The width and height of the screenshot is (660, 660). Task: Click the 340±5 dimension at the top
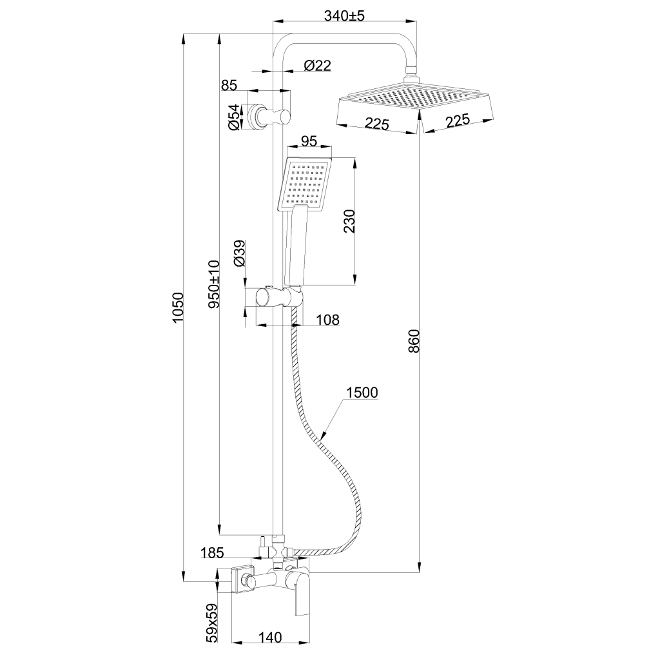(345, 17)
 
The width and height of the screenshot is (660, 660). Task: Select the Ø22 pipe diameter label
(317, 65)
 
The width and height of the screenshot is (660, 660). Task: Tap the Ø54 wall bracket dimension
(235, 117)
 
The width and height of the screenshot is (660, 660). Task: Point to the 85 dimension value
(229, 84)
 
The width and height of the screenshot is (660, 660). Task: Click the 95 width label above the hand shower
(309, 141)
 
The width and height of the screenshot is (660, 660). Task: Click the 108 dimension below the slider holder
(327, 320)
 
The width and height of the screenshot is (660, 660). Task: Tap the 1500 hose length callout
(362, 393)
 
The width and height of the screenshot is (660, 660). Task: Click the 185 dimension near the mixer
(211, 552)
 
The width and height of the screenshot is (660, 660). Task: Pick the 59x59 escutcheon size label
(211, 623)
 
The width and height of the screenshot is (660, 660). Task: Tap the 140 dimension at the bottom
(271, 637)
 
